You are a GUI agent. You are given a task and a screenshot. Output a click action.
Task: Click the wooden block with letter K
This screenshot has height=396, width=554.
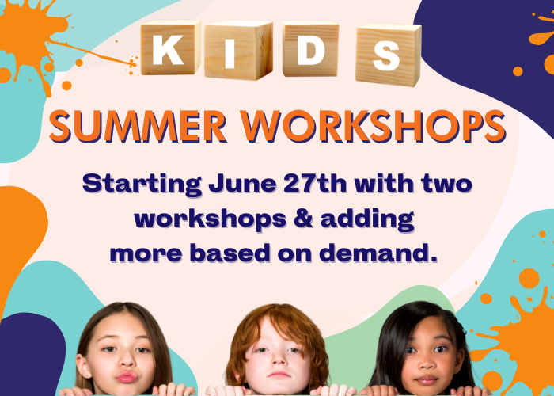[x=171, y=48]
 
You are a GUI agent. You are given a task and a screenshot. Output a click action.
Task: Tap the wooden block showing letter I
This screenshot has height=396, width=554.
[x=238, y=50]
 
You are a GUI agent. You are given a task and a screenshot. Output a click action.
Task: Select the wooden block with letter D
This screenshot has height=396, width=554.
[x=310, y=49]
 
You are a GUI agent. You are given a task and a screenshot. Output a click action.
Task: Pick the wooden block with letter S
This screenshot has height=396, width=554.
[x=389, y=55]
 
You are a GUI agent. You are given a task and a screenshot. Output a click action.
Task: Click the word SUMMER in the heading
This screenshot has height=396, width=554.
[x=138, y=127]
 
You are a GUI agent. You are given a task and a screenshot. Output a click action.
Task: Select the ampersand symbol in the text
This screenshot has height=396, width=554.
[x=304, y=219]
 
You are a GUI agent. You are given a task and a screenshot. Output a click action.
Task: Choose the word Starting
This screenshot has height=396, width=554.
[x=142, y=185]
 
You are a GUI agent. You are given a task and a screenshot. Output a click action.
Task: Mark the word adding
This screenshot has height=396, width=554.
[x=367, y=220]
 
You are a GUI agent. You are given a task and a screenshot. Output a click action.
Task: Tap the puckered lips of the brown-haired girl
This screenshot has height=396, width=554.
[x=126, y=376]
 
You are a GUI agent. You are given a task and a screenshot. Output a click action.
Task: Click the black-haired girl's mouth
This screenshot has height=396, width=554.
[x=427, y=380]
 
